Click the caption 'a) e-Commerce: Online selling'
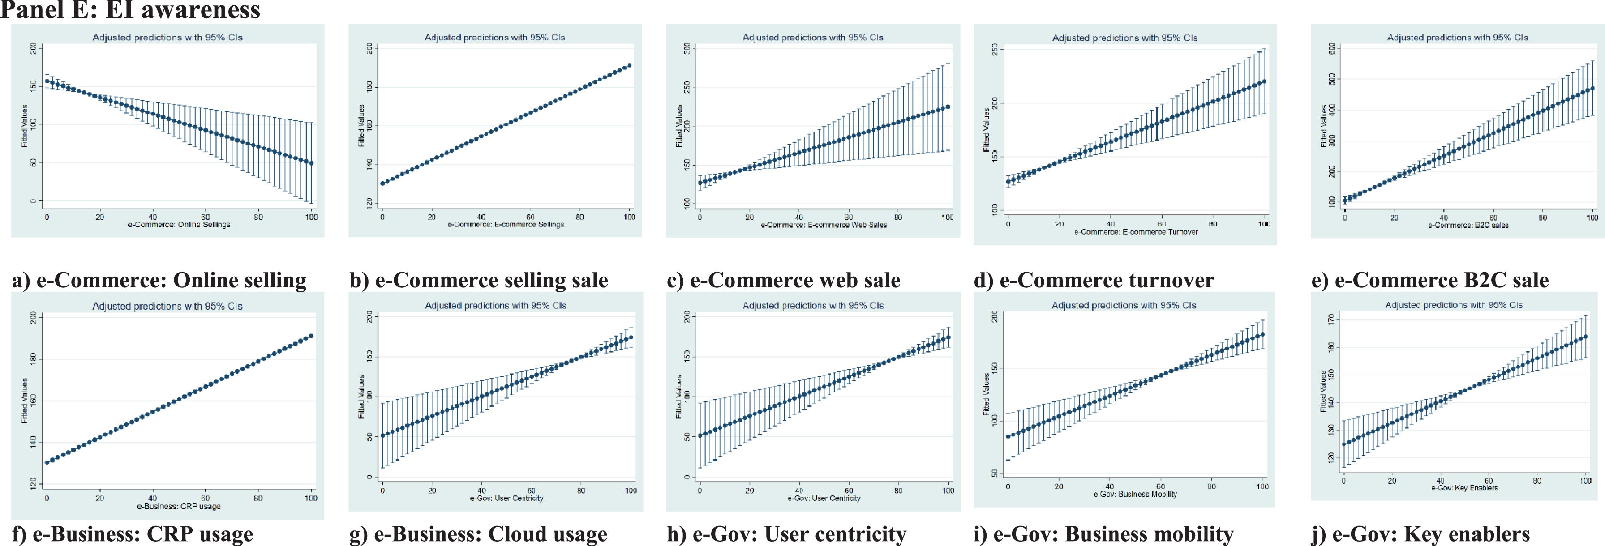point(159,280)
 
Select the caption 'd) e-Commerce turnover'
point(1094,280)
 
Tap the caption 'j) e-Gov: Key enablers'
point(1420,534)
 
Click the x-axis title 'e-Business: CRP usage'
point(179,506)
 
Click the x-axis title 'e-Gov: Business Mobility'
point(1135,494)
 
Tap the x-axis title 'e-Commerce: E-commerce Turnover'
point(1136,231)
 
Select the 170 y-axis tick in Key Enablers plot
point(1331,320)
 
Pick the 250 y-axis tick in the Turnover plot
point(995,50)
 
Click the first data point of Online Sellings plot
point(47,81)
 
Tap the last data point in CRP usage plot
point(311,336)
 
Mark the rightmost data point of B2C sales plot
point(1592,89)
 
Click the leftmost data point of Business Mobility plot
point(1008,436)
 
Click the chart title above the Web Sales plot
point(812,37)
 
